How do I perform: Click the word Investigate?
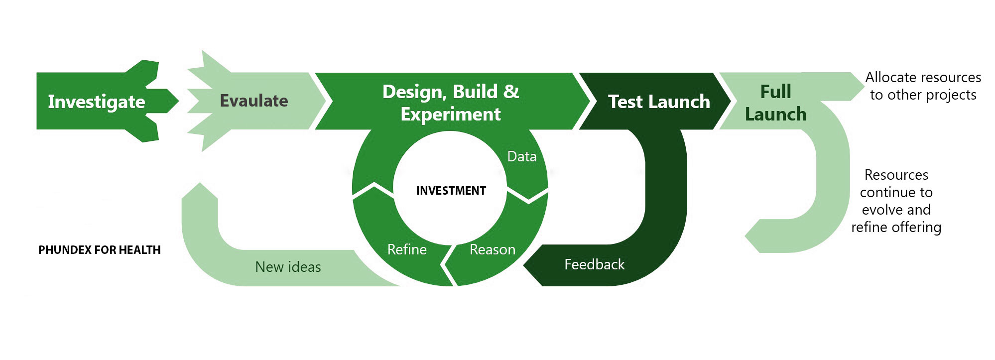pyautogui.click(x=97, y=102)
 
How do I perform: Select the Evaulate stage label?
pyautogui.click(x=254, y=101)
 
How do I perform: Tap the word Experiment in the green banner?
pyautogui.click(x=451, y=115)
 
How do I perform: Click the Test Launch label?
pyautogui.click(x=659, y=102)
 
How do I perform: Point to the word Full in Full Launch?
pyautogui.click(x=775, y=92)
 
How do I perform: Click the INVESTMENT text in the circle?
pyautogui.click(x=451, y=191)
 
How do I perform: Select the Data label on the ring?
pyautogui.click(x=522, y=157)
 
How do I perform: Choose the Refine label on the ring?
pyautogui.click(x=407, y=249)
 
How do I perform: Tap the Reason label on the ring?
pyautogui.click(x=493, y=249)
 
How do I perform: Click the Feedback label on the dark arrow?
pyautogui.click(x=594, y=264)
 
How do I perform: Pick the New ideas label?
pyautogui.click(x=288, y=267)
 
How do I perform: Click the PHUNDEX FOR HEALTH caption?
pyautogui.click(x=100, y=250)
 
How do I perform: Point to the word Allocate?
pyautogui.click(x=888, y=78)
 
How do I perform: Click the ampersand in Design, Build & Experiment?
pyautogui.click(x=511, y=92)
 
